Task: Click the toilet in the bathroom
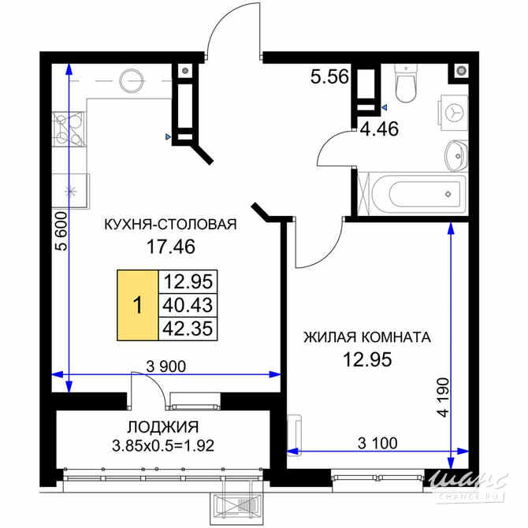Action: [x=406, y=84]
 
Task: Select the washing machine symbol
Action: [x=453, y=112]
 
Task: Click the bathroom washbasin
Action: [x=456, y=156]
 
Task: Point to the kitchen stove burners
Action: [x=69, y=129]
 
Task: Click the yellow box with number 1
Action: [x=138, y=306]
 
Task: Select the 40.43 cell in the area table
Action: [x=188, y=306]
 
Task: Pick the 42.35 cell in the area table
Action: [x=188, y=329]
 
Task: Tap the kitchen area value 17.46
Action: [x=171, y=247]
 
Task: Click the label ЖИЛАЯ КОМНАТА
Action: [x=367, y=337]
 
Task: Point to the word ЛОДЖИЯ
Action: [x=162, y=427]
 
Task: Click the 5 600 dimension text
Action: [x=61, y=231]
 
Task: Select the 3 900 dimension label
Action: [x=166, y=366]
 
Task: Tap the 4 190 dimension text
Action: [x=443, y=397]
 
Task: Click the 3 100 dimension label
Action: [x=377, y=443]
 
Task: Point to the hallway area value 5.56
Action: [x=329, y=76]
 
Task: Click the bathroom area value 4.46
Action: [x=380, y=128]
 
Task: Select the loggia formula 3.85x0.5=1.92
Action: [x=163, y=446]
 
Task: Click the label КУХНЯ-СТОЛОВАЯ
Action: [x=170, y=225]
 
